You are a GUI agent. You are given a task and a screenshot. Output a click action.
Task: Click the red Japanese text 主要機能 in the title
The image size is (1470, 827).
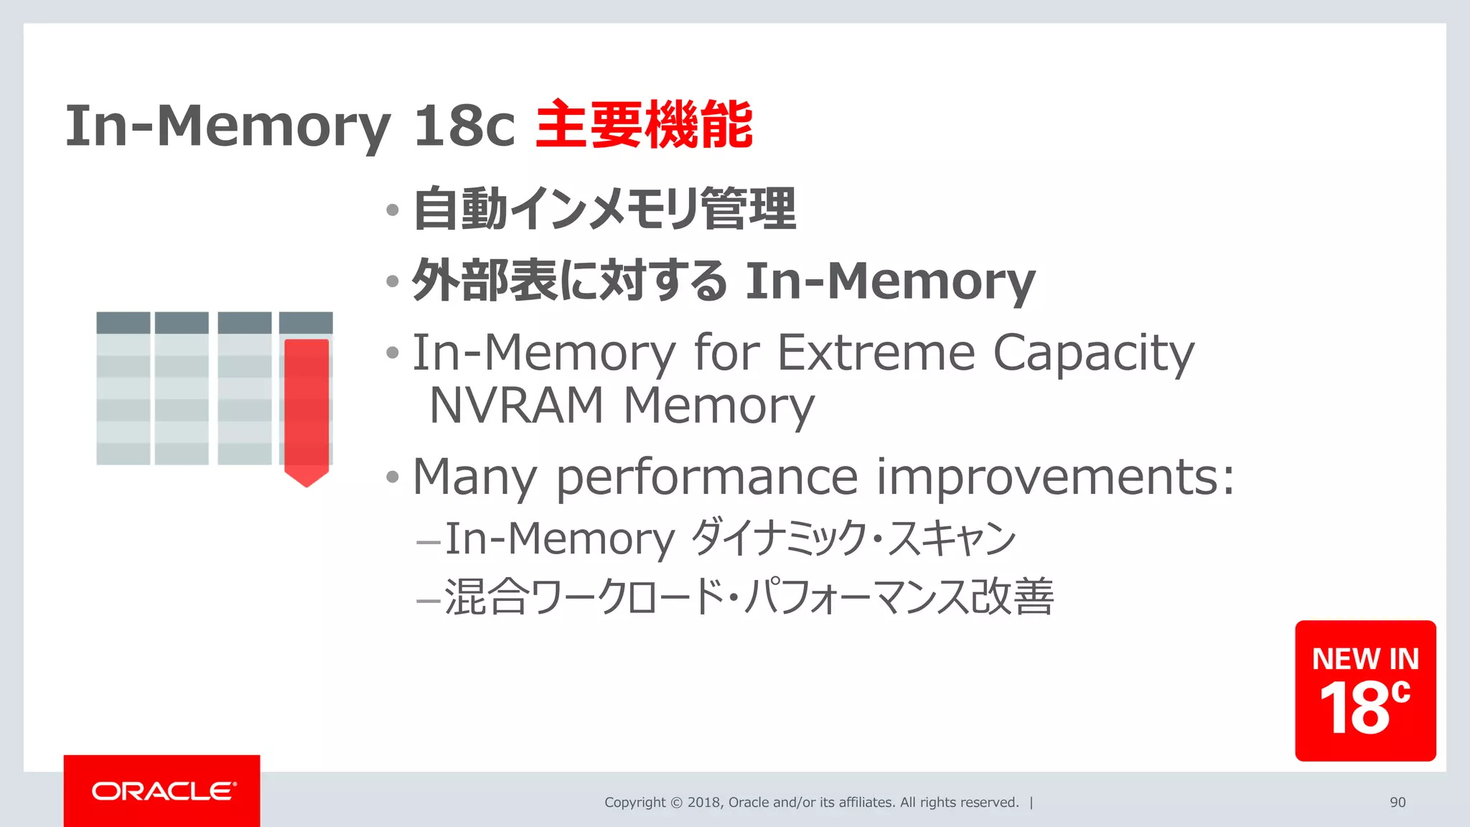(x=644, y=126)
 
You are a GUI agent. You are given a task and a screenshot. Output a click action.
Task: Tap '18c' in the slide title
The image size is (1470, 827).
(x=464, y=126)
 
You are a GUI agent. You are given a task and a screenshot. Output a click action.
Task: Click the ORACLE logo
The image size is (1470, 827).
(x=163, y=791)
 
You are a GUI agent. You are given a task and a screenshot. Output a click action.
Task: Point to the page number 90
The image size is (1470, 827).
(x=1397, y=803)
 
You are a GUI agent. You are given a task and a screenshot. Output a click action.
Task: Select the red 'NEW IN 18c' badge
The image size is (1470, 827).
(x=1364, y=691)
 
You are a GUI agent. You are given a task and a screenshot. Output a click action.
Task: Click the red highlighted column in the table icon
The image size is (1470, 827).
(x=306, y=409)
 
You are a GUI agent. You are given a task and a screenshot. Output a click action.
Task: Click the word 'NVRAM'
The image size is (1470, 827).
(x=516, y=406)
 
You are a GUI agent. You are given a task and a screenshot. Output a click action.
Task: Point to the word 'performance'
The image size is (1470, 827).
(x=706, y=477)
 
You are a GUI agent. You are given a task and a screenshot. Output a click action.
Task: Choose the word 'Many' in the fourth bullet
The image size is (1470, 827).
(x=474, y=477)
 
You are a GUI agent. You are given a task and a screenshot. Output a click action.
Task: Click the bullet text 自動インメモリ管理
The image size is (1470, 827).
(x=604, y=209)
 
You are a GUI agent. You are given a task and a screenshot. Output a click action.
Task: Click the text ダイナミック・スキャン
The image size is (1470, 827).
(x=853, y=538)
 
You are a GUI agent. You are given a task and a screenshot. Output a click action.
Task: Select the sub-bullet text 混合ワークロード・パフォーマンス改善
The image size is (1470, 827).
(x=749, y=597)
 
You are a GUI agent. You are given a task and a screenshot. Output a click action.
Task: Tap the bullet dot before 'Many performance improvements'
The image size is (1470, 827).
(x=392, y=477)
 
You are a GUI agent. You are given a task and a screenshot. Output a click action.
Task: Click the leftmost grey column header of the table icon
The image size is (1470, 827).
(x=123, y=322)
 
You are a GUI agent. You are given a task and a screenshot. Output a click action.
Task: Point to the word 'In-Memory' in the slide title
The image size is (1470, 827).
(x=228, y=126)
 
